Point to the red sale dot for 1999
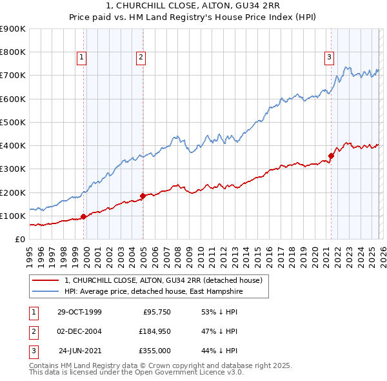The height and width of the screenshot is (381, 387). coord(84,216)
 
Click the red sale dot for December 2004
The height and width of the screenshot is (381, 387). coord(143,196)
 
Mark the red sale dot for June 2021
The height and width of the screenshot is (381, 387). coord(332,156)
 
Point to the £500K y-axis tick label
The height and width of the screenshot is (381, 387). coord(13,122)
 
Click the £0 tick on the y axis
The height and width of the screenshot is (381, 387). coord(19,239)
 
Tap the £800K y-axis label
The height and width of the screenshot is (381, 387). coord(13,52)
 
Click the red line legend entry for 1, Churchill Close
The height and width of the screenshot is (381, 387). coord(163,281)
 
